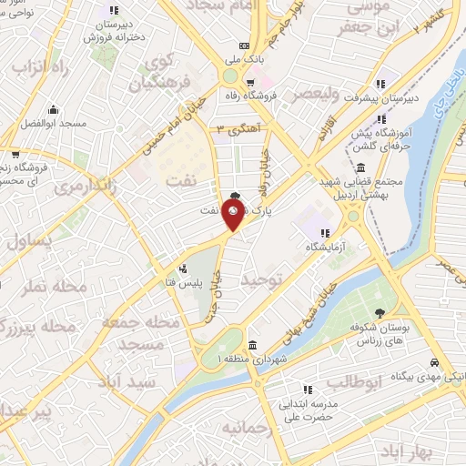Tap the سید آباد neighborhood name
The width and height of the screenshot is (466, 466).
tap(133, 380)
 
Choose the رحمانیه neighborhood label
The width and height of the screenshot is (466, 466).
tap(244, 426)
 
